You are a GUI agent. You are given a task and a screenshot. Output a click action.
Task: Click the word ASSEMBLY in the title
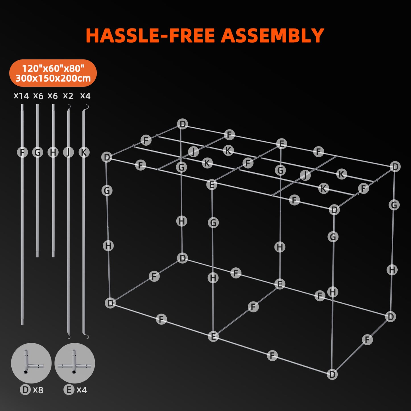pos(272,36)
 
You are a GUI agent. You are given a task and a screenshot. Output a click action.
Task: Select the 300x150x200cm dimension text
pos(53,78)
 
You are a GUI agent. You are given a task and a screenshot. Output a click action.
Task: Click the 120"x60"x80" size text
pos(53,69)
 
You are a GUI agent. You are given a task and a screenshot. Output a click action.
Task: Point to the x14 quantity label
pos(21,96)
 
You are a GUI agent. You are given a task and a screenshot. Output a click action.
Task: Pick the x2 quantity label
pos(68,96)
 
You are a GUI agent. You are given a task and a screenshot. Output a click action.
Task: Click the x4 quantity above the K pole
pos(85,96)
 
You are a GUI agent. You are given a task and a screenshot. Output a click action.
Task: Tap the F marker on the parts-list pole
pos(22,152)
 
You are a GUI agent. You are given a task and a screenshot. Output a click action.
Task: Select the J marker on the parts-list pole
pos(68,152)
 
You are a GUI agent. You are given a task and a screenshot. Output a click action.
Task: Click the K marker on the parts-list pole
pos(84,152)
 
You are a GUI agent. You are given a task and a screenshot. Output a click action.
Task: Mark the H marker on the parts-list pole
pos(53,152)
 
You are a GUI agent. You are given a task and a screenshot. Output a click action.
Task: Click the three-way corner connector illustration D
pos(31,363)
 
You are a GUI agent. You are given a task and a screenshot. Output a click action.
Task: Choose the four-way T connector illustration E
pos(75,363)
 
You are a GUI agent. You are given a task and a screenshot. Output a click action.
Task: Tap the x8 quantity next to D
pos(38,390)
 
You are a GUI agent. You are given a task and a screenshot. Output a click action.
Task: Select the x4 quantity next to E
pos(82,390)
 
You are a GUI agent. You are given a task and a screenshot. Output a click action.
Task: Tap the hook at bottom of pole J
pos(69,337)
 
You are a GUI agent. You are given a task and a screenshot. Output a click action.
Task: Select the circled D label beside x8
pos(25,390)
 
